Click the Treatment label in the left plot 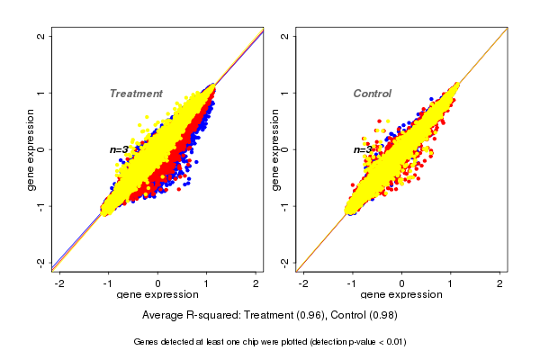coord(136,94)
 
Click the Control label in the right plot coord(373,94)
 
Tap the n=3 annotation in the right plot coord(362,149)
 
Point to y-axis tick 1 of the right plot coord(285,93)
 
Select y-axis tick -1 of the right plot coord(285,205)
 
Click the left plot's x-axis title coord(158,295)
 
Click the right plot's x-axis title coord(402,295)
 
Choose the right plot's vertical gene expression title coord(274,149)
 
